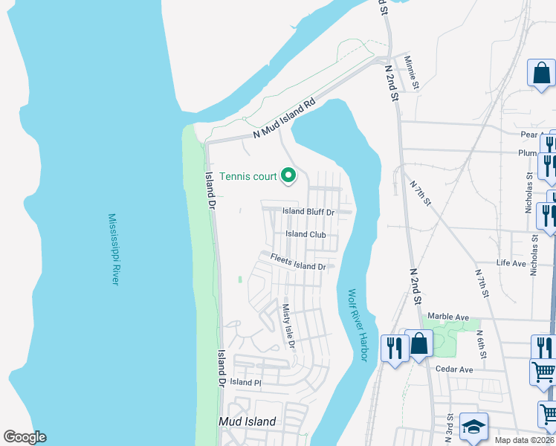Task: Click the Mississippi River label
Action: tap(113, 249)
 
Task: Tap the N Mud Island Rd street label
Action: tap(284, 119)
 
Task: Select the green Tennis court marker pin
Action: tap(288, 175)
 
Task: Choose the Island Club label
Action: tap(306, 234)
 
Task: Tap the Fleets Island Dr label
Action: tap(298, 262)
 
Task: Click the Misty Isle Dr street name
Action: tap(289, 326)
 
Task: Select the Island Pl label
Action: tap(245, 382)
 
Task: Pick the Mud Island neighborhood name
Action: tap(247, 421)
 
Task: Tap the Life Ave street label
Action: tap(511, 263)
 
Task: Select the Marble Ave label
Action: tap(448, 317)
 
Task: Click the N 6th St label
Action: tap(481, 343)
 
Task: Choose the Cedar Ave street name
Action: tap(454, 369)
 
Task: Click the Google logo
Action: tap(25, 437)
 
